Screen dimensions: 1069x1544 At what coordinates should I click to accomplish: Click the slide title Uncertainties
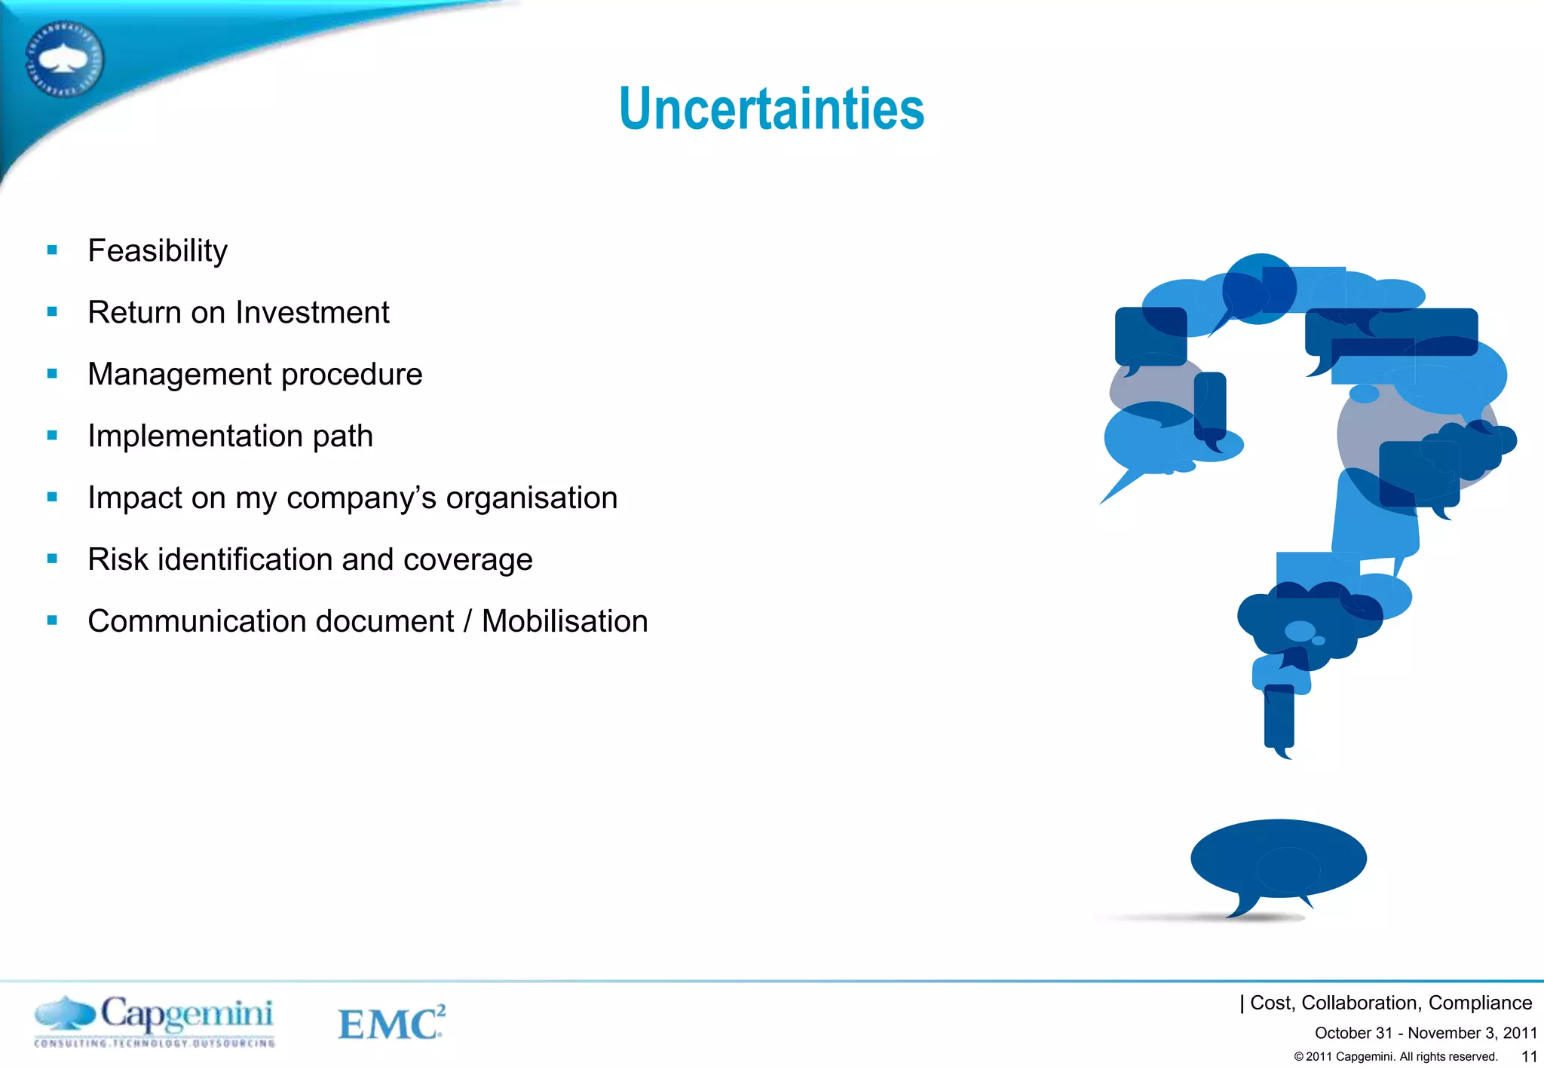(x=771, y=109)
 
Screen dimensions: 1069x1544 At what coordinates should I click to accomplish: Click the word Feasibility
(x=158, y=251)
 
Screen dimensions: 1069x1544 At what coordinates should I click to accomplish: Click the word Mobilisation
(x=565, y=622)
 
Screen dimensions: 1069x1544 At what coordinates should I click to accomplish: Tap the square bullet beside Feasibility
(x=52, y=250)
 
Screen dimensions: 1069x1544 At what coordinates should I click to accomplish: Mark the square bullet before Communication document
(x=52, y=621)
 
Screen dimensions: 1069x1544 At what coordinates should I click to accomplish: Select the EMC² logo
(x=391, y=1023)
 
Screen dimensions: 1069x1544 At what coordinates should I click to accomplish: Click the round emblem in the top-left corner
(x=64, y=60)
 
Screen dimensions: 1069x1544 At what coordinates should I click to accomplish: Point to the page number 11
(x=1529, y=1057)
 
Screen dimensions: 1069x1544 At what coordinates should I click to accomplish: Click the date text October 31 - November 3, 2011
(x=1425, y=1033)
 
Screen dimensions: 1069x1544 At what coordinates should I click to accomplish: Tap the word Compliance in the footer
(x=1480, y=1003)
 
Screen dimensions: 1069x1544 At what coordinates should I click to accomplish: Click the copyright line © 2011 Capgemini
(x=1395, y=1057)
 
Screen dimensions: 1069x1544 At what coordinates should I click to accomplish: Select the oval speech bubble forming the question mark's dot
(x=1279, y=859)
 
